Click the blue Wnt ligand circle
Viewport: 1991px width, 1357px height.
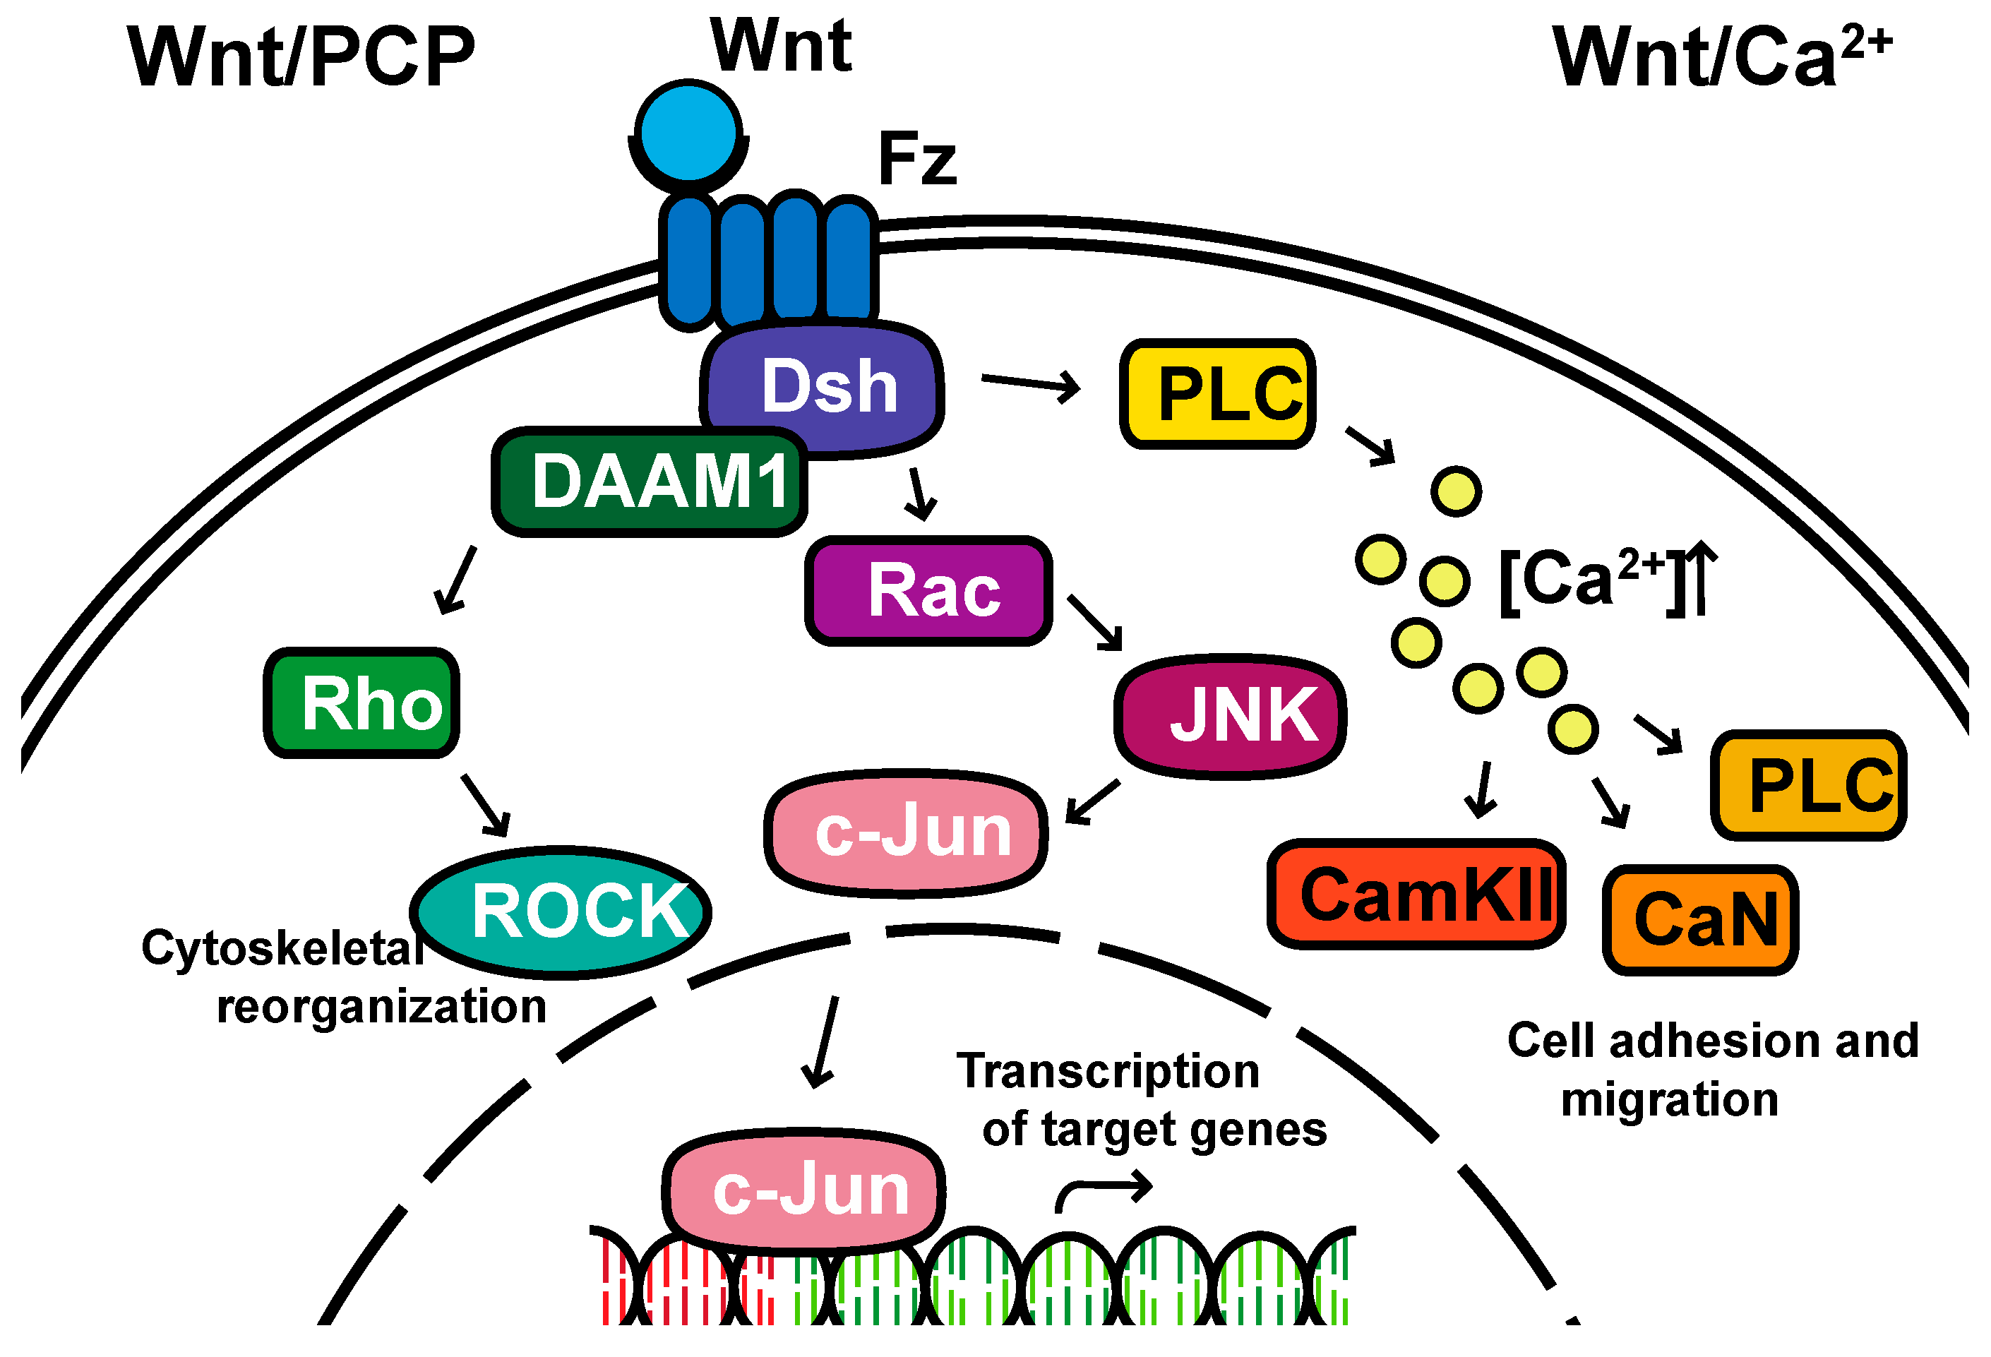click(689, 132)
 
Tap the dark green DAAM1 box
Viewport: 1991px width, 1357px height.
click(650, 482)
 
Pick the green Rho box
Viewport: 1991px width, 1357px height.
click(361, 703)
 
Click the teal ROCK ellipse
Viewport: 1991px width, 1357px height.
click(561, 911)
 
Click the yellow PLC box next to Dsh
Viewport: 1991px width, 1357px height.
click(1218, 393)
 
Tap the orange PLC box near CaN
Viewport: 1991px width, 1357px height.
click(1809, 784)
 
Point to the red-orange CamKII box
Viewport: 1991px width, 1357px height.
click(1416, 895)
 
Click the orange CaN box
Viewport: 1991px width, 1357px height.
click(1701, 920)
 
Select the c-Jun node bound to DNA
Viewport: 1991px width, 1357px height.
click(803, 1190)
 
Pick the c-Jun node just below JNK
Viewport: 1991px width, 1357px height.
click(907, 831)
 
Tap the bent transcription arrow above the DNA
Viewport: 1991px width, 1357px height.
click(1104, 1190)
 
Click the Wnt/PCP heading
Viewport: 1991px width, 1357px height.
click(301, 56)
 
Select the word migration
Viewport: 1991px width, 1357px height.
click(1670, 1099)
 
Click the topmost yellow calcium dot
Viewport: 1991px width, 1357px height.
click(1457, 491)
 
